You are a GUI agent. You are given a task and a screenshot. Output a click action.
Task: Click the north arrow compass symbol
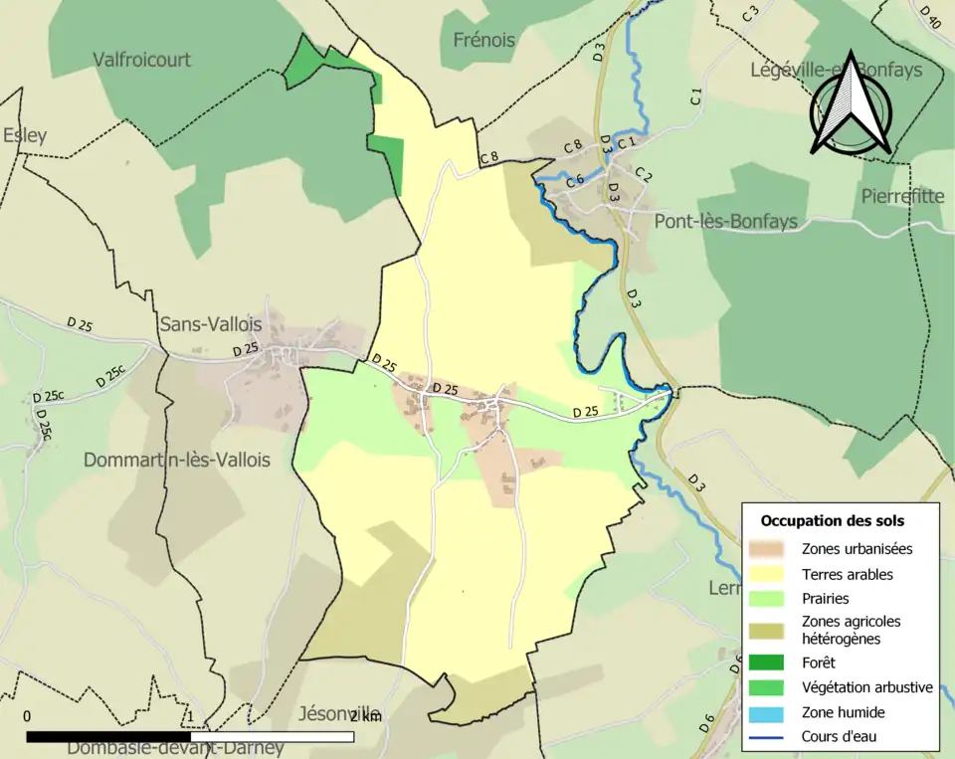coord(849,103)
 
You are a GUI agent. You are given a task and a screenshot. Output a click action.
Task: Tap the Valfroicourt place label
coord(141,60)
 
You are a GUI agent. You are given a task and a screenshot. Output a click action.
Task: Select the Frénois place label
coord(483,41)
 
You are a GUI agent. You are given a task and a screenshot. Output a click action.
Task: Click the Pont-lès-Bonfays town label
coord(725,221)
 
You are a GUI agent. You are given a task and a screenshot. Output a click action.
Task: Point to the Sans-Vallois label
coord(210,324)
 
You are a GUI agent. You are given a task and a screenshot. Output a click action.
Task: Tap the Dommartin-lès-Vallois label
coord(176,461)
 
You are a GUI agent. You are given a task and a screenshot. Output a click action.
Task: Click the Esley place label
coord(25,136)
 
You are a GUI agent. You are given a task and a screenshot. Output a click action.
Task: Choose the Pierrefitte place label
coord(902,196)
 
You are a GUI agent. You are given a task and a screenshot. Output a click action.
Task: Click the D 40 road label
coord(930,16)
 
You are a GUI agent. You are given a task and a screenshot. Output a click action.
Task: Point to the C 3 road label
coord(750,14)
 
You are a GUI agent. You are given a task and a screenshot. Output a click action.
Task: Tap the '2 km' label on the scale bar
coord(365,716)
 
